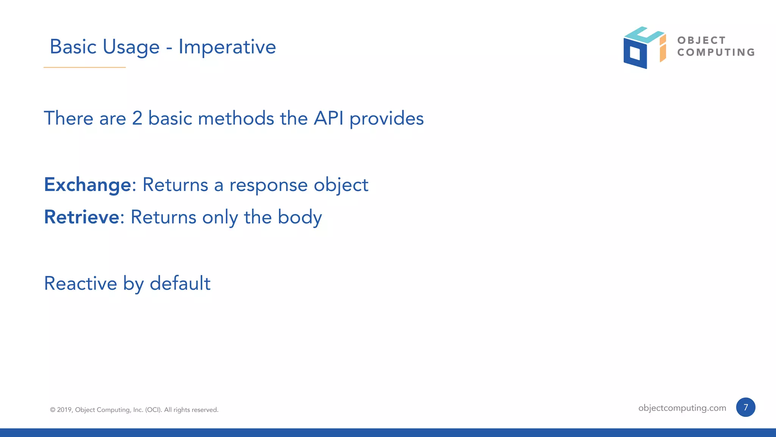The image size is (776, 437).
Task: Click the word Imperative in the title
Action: [x=227, y=47]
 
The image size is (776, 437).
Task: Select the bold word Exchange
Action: [x=88, y=185]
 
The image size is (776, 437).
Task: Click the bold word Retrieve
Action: [x=82, y=217]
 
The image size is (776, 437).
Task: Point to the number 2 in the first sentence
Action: [x=137, y=118]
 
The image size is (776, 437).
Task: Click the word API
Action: [x=329, y=118]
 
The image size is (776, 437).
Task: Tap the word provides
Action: [x=386, y=119]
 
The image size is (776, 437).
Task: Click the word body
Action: [x=300, y=218]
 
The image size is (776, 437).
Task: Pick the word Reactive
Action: [x=80, y=284]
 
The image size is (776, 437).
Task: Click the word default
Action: [x=180, y=284]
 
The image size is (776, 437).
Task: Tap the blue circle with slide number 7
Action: [x=745, y=407]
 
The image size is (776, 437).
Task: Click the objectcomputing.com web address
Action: [x=682, y=408]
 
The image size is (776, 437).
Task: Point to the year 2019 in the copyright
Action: [x=64, y=410]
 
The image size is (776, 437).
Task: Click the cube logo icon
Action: [x=644, y=48]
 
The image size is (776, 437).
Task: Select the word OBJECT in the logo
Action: [x=701, y=40]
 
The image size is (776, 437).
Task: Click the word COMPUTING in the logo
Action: [x=716, y=52]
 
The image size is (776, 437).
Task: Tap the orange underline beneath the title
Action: [x=84, y=67]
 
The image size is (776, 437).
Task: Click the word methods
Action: [x=236, y=118]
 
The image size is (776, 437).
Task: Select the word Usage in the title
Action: [x=131, y=47]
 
